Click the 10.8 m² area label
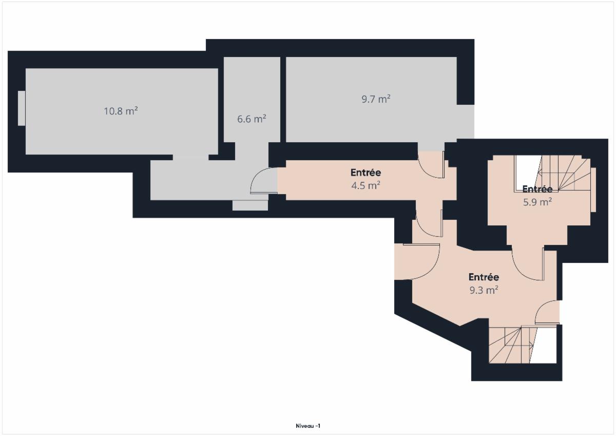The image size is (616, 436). pyautogui.click(x=121, y=111)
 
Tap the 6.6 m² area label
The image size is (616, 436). pyautogui.click(x=252, y=119)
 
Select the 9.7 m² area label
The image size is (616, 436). pyautogui.click(x=376, y=99)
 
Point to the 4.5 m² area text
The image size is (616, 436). pyautogui.click(x=365, y=185)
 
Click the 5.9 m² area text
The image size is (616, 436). pyautogui.click(x=537, y=202)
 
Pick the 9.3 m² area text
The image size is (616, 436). pyautogui.click(x=484, y=290)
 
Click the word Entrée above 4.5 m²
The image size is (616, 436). pyautogui.click(x=365, y=173)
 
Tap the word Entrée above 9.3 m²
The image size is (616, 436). pyautogui.click(x=484, y=277)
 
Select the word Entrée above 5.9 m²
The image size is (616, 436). pyautogui.click(x=537, y=189)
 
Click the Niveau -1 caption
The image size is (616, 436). pyautogui.click(x=308, y=426)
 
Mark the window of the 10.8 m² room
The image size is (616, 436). pyautogui.click(x=22, y=108)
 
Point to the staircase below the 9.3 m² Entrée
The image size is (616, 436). pyautogui.click(x=523, y=345)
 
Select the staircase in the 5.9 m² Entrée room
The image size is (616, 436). pyautogui.click(x=553, y=173)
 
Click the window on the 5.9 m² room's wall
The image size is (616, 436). pyautogui.click(x=593, y=190)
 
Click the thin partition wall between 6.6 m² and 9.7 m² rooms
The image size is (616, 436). pyautogui.click(x=283, y=100)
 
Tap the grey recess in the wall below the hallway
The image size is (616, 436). pyautogui.click(x=251, y=205)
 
